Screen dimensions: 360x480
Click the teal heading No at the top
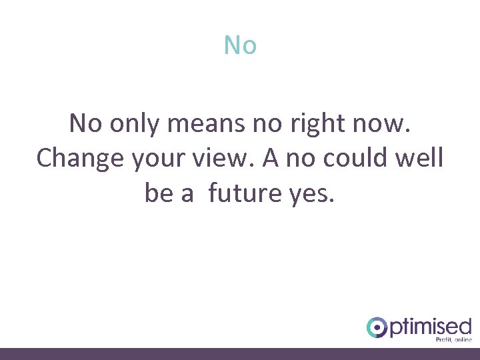click(240, 45)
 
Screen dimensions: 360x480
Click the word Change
click(79, 159)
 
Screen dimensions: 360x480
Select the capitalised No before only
click(85, 123)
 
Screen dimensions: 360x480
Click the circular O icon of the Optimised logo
click(377, 327)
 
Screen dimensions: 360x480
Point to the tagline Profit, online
click(453, 340)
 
